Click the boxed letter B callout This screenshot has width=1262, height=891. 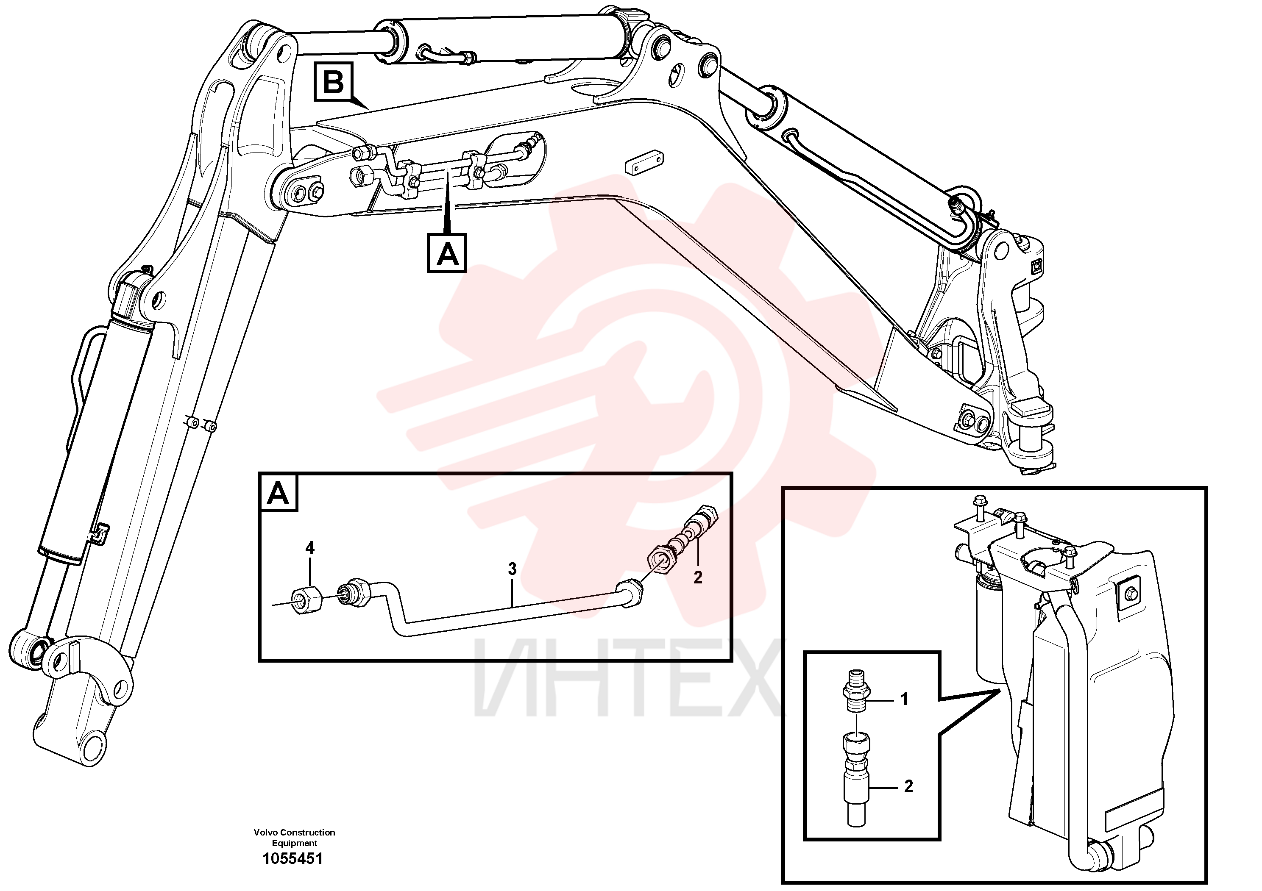coord(333,82)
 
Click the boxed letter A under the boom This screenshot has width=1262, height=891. coord(447,253)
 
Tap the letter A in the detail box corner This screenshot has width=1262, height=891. coord(278,493)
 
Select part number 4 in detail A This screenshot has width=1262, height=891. coord(309,548)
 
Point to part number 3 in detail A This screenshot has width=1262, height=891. coord(512,569)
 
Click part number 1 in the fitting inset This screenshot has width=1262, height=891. coord(904,699)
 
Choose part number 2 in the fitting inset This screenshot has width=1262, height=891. coord(908,787)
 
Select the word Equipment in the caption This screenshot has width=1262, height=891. coord(295,843)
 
